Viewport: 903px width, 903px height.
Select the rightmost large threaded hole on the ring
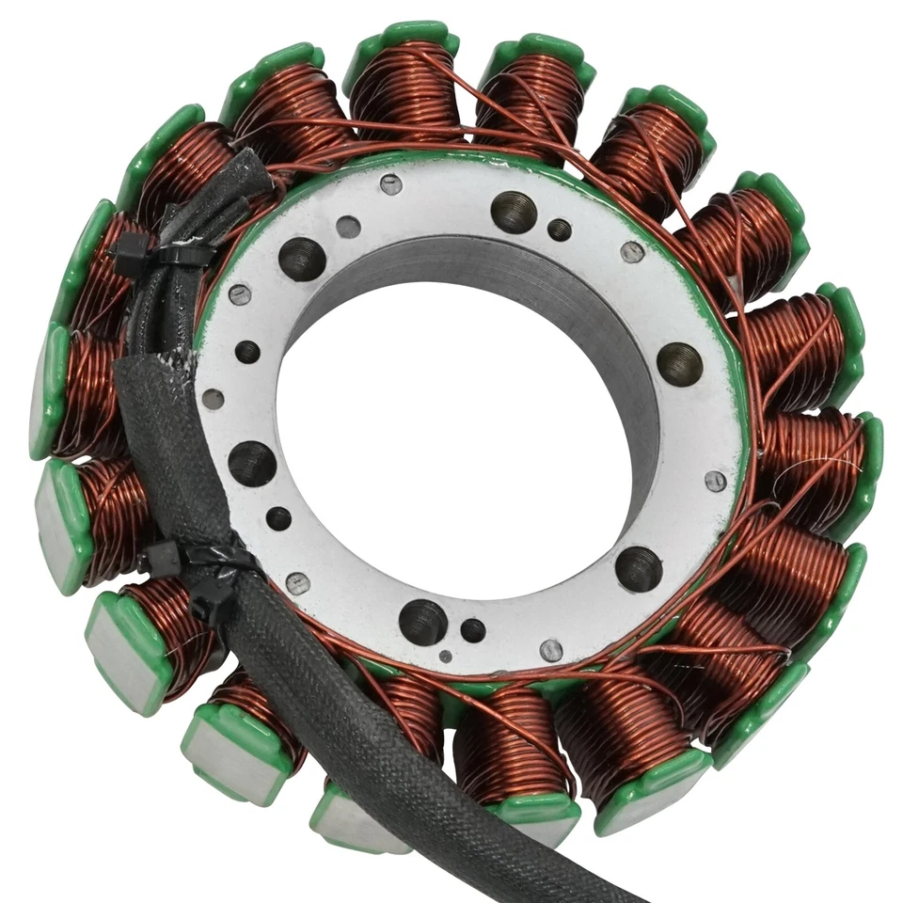[x=679, y=364]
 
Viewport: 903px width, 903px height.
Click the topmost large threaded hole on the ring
[x=514, y=212]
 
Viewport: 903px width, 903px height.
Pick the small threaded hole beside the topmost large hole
[x=560, y=230]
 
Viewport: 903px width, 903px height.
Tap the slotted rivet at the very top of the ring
[x=391, y=184]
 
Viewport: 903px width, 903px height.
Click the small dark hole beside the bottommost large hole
[x=473, y=630]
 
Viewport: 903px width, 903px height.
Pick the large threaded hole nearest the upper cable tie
[x=303, y=258]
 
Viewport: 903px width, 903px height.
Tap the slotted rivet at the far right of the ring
[x=716, y=482]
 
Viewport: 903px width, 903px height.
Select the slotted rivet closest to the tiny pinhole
[x=551, y=650]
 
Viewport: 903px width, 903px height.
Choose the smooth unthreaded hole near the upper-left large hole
[x=348, y=227]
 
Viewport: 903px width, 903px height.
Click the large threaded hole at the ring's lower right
[x=639, y=568]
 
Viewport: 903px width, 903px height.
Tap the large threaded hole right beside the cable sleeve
[x=253, y=463]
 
